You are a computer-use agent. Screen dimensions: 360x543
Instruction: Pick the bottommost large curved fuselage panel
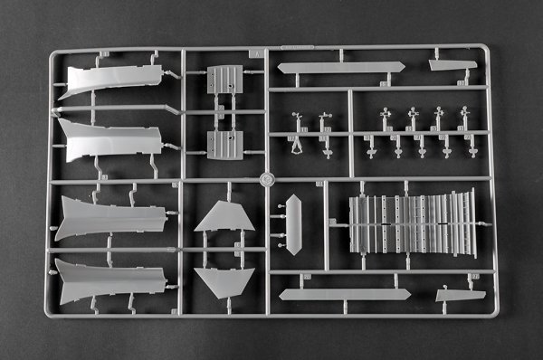(109, 278)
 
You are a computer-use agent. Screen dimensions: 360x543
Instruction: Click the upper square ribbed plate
(224, 80)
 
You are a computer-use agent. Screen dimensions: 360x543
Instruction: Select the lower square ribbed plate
(224, 144)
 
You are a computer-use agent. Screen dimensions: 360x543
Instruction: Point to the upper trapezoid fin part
(224, 218)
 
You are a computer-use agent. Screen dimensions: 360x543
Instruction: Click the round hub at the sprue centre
(265, 179)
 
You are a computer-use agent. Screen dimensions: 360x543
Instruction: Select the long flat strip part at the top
(340, 67)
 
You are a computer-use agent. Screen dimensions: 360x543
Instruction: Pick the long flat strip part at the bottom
(344, 294)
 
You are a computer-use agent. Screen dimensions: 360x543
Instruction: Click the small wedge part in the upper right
(452, 65)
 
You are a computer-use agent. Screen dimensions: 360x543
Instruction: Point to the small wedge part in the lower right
(460, 295)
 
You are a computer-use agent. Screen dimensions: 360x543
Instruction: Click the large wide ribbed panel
(413, 223)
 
